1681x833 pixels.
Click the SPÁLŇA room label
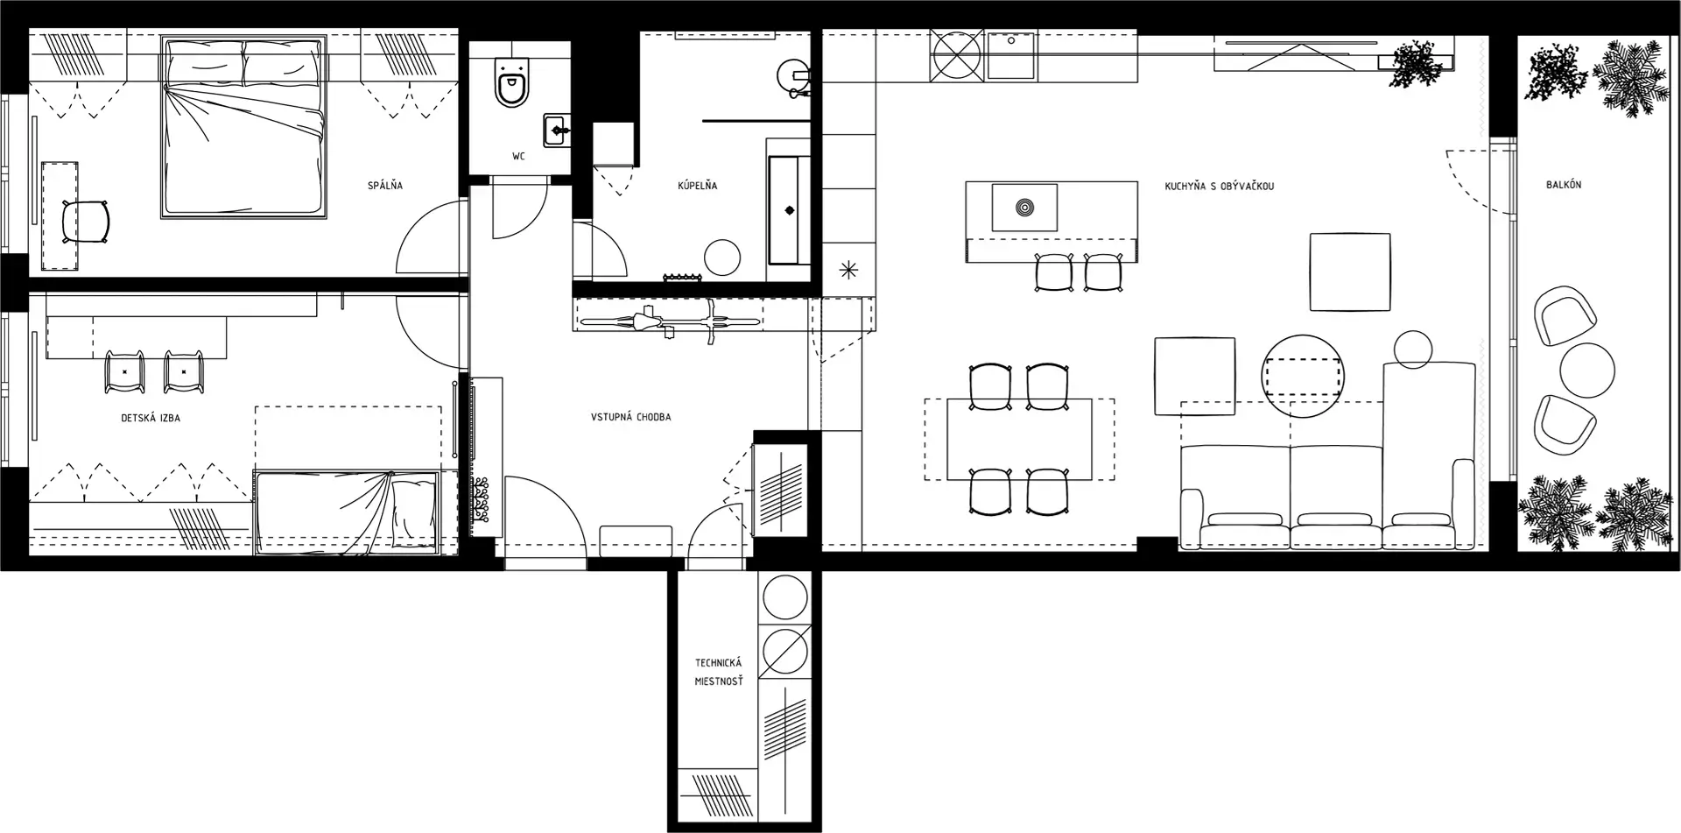[x=385, y=186]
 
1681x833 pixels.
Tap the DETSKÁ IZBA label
[x=151, y=418]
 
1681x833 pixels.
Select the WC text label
[x=519, y=157]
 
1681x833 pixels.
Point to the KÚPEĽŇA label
[x=698, y=186]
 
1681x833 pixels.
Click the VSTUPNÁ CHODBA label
[x=631, y=417]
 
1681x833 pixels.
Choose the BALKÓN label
[x=1564, y=185]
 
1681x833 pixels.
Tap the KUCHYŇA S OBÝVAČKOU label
[x=1220, y=187]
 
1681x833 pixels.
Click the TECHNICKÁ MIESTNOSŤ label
[x=719, y=672]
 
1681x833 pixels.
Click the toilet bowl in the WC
[x=511, y=83]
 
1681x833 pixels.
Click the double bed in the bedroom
[x=243, y=126]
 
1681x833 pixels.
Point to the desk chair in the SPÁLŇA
[x=86, y=221]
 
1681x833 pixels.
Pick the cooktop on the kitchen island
[x=1023, y=208]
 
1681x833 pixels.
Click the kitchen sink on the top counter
[x=1011, y=55]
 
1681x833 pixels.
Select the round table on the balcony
[x=1587, y=371]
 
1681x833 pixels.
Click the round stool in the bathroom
[x=722, y=258]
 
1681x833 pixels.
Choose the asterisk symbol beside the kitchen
[x=848, y=270]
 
